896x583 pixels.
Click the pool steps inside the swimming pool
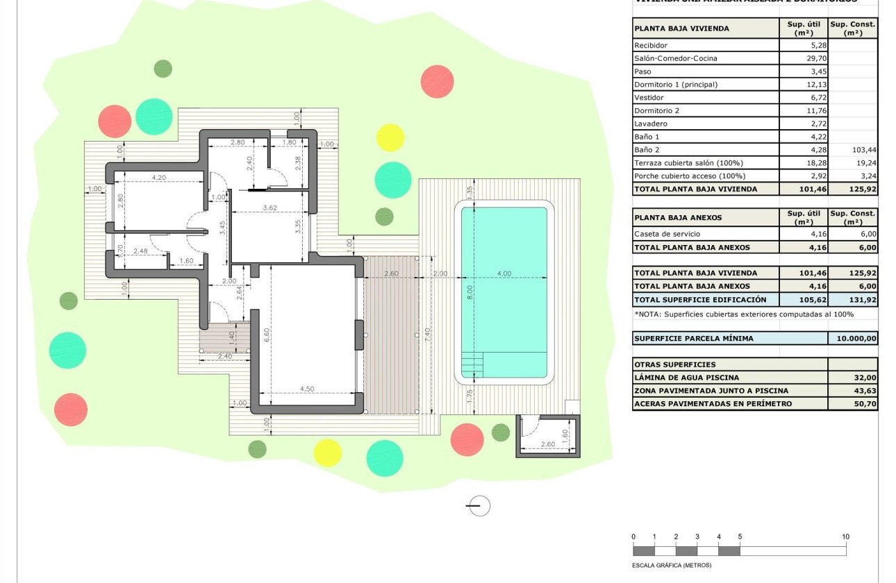coord(472,362)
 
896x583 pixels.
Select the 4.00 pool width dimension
coord(504,273)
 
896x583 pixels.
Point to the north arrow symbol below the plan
coord(478,506)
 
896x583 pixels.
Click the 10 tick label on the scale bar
coord(845,536)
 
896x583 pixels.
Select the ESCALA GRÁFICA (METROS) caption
coord(672,565)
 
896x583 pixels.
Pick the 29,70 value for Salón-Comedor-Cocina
coord(804,58)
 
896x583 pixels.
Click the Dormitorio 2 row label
coord(656,110)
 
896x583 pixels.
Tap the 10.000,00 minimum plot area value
coord(853,339)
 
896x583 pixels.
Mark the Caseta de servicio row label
coord(667,234)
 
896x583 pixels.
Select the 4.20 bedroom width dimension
coord(158,178)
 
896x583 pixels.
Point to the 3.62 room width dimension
coord(269,208)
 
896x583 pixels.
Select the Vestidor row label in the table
coord(649,98)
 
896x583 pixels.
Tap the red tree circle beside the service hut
coord(467,440)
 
